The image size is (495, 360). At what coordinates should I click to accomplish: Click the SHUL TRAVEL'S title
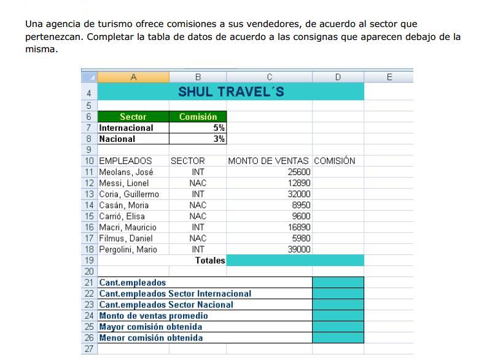click(x=230, y=92)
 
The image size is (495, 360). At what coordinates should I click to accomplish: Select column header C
click(x=269, y=77)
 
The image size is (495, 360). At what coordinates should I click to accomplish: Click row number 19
click(x=89, y=260)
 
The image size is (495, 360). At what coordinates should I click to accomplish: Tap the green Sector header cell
click(x=133, y=117)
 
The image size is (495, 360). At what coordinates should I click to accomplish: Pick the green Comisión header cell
click(x=198, y=117)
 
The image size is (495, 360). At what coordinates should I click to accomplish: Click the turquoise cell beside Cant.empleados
click(x=338, y=283)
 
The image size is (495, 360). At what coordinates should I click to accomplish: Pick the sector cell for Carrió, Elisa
click(x=198, y=216)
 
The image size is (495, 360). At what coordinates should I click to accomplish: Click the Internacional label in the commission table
click(x=127, y=128)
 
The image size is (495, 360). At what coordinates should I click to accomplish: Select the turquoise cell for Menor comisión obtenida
click(x=338, y=338)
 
